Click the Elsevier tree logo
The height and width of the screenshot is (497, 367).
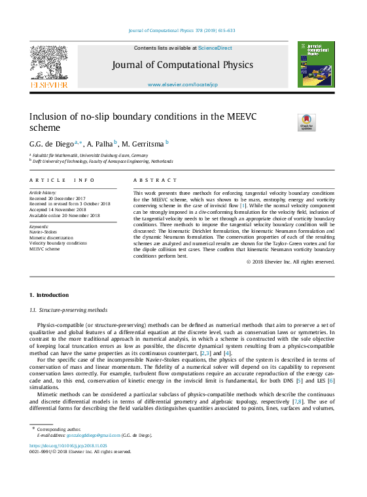pyautogui.click(x=48, y=65)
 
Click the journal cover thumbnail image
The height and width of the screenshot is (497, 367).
pyautogui.click(x=316, y=64)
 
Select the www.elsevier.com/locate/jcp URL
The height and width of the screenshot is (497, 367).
pyautogui.click(x=183, y=85)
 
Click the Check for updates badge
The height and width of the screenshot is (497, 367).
pyautogui.click(x=306, y=122)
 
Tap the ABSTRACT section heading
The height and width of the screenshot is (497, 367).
pyautogui.click(x=155, y=180)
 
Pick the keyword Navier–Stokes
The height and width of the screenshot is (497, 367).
pyautogui.click(x=43, y=231)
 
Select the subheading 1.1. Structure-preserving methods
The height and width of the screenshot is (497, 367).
pyautogui.click(x=69, y=309)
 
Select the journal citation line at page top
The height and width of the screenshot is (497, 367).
pyautogui.click(x=182, y=31)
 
